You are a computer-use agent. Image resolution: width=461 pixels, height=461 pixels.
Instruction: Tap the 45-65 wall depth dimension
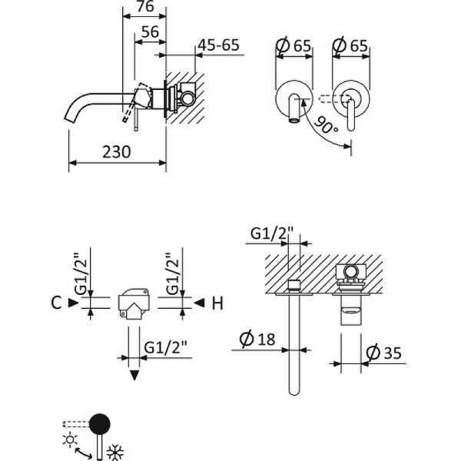[219, 45]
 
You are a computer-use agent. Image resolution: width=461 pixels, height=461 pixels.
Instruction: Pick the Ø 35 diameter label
[384, 353]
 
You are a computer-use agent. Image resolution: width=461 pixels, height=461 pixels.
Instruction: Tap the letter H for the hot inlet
[217, 303]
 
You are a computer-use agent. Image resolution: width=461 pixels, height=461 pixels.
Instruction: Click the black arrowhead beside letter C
[73, 303]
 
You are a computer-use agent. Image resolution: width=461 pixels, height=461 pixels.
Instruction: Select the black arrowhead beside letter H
[198, 303]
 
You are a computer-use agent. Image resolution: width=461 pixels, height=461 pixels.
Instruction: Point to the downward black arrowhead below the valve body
[135, 375]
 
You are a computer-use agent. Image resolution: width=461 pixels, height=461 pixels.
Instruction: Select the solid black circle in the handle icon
[100, 423]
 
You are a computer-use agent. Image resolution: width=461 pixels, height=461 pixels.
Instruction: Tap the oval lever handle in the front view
[353, 111]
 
